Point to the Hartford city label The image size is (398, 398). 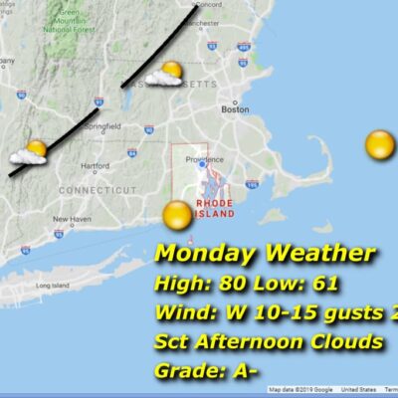pos(94,166)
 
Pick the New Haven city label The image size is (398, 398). pos(72,219)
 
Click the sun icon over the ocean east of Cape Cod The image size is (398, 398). pos(379,145)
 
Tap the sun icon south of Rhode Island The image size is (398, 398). pos(177,215)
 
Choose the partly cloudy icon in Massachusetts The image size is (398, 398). pos(165,75)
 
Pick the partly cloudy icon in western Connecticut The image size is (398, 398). pos(29,152)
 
